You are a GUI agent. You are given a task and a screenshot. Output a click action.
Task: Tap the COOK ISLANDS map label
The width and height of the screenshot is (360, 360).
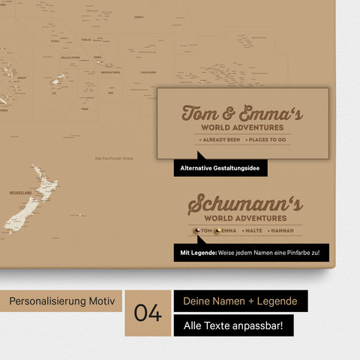pos(147,73)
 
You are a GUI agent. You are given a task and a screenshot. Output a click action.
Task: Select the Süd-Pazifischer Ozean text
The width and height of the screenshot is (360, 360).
pos(113,158)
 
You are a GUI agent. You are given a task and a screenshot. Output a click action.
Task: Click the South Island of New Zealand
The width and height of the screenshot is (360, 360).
pos(19,214)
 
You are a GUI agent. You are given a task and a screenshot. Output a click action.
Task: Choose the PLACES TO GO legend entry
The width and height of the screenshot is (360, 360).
pos(265,140)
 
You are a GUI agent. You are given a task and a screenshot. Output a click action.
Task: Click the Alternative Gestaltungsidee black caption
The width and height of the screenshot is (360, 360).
pos(220,169)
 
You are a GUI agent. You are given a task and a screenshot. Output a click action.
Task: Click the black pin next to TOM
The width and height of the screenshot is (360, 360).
pos(196,231)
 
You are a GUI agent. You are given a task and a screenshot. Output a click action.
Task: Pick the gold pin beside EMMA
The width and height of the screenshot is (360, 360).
pos(217,231)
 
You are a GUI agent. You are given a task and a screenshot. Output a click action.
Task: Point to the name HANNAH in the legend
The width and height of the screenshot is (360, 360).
pos(286,231)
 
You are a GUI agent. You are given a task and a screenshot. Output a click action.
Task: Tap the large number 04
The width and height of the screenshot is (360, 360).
pos(148,313)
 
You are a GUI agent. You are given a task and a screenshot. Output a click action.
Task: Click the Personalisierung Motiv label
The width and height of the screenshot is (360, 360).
pos(62,301)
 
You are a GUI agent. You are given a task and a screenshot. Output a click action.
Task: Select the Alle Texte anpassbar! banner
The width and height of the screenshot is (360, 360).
pos(233,326)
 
